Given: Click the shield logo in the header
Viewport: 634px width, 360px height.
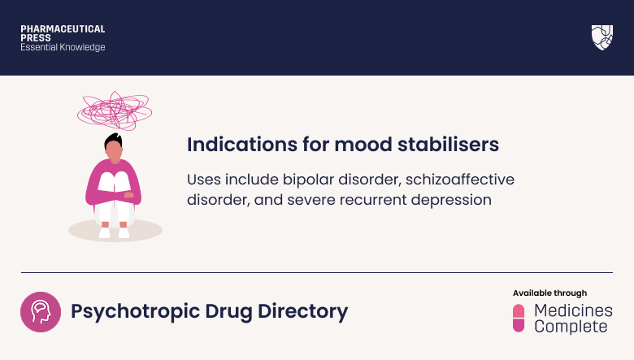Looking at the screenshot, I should (x=601, y=37).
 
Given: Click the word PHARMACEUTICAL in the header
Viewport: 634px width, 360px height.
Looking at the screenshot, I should (x=63, y=29).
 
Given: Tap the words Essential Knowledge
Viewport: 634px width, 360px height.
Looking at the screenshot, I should (x=63, y=48).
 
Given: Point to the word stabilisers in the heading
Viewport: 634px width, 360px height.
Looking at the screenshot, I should (x=452, y=145).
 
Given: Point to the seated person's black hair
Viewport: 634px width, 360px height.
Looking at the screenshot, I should (x=115, y=141).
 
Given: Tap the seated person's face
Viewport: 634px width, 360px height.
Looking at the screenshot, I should (x=115, y=151).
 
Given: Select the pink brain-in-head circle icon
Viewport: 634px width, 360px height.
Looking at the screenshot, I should (x=40, y=311).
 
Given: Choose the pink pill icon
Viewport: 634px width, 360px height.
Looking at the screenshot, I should (x=519, y=319).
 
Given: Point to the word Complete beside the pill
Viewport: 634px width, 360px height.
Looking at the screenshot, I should (x=571, y=327).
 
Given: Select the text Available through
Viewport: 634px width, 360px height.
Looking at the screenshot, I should (x=549, y=293).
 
